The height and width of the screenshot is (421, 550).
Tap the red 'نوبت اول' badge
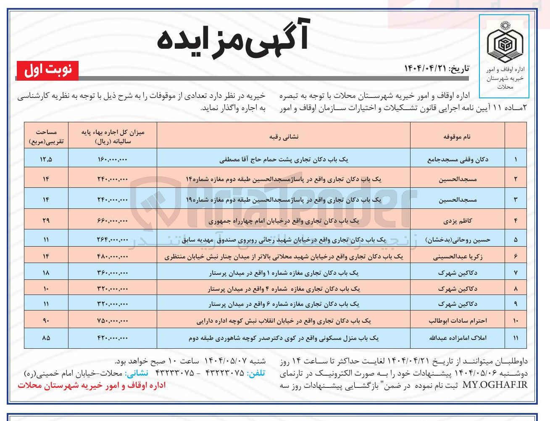pyautogui.click(x=48, y=70)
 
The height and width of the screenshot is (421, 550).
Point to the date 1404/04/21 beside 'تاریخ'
pyautogui.click(x=424, y=68)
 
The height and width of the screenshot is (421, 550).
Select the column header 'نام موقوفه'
pyautogui.click(x=457, y=137)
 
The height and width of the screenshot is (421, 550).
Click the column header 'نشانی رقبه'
pyautogui.click(x=284, y=137)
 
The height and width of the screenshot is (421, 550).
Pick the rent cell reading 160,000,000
pyautogui.click(x=112, y=160)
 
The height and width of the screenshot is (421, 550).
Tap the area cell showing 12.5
pyautogui.click(x=46, y=160)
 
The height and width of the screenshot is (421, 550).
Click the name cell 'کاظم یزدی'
pyautogui.click(x=458, y=221)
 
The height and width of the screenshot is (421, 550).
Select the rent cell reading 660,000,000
pyautogui.click(x=112, y=221)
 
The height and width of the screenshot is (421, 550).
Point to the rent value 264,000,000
pyautogui.click(x=112, y=239)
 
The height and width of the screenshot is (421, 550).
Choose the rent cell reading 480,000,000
pyautogui.click(x=112, y=256)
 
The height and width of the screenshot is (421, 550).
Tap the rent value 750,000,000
pyautogui.click(x=112, y=321)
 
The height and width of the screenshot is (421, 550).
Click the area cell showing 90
pyautogui.click(x=46, y=321)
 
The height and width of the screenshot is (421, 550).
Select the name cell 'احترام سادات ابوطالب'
pyautogui.click(x=458, y=321)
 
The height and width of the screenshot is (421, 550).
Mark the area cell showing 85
pyautogui.click(x=46, y=338)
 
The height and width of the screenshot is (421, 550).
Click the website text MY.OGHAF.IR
pyautogui.click(x=495, y=385)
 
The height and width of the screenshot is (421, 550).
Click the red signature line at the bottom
pyautogui.click(x=92, y=385)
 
